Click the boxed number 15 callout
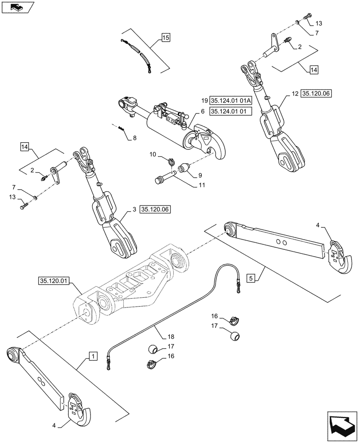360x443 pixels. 165,38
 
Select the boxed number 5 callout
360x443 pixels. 251,279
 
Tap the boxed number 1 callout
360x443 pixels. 92,355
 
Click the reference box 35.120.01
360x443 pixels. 53,281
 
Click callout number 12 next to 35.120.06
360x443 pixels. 295,94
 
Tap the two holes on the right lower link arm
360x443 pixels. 279,242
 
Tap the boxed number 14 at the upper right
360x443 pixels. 313,70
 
